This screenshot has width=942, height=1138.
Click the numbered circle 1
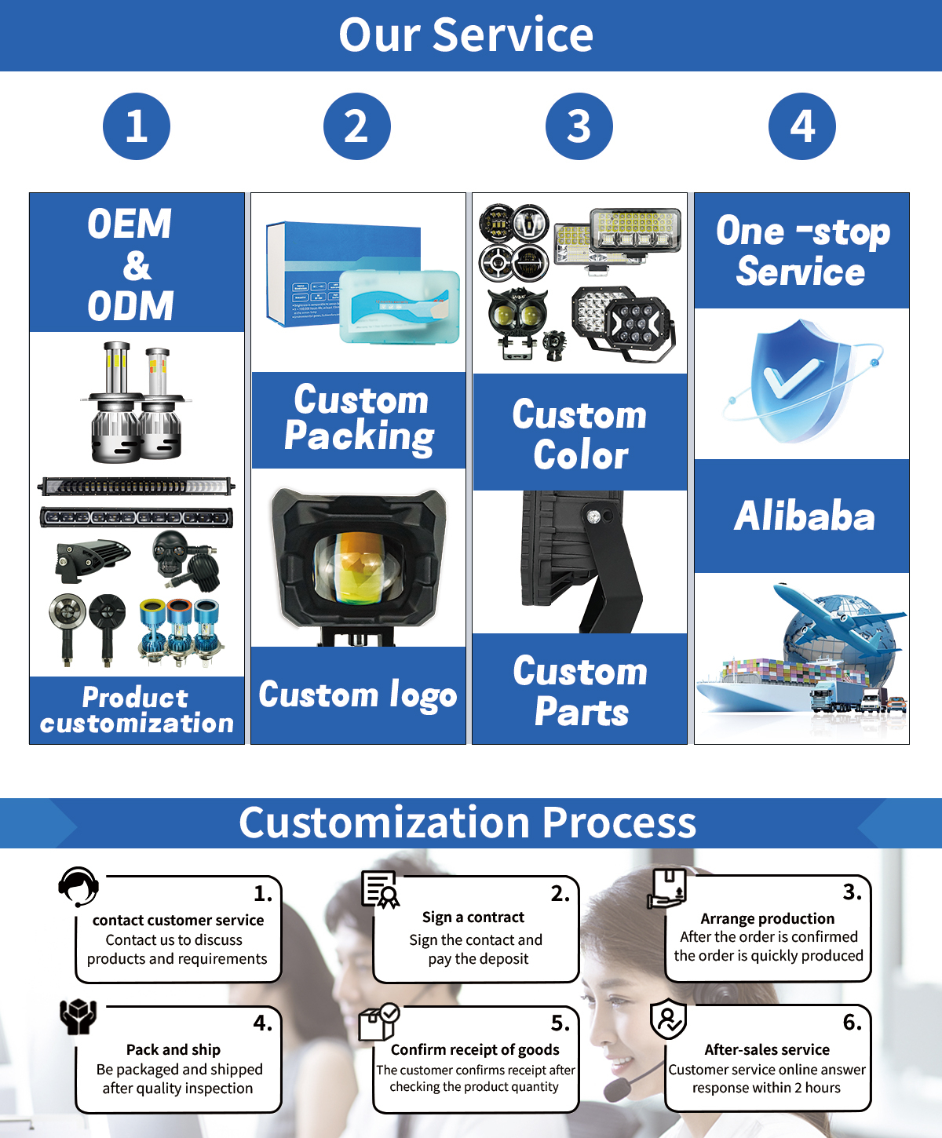pos(137,126)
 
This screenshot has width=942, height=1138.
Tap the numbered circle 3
pos(579,126)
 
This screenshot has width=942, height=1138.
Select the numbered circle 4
pos(801,126)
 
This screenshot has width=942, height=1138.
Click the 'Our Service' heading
pos(466,35)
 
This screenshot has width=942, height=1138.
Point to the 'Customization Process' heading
pos(468,822)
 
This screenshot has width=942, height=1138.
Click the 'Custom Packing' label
pos(359,418)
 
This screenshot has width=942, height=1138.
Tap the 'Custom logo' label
pos(358,695)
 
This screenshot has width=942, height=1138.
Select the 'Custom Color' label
pos(580,434)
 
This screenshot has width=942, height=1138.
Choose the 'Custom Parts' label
pos(580,691)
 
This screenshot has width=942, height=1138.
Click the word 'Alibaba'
pos(804,516)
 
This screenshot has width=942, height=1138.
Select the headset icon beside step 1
pos(78,887)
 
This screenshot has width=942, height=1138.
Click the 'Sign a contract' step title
pos(473,917)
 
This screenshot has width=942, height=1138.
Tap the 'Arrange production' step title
pos(767,918)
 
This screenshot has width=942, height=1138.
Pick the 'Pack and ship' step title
pos(173,1049)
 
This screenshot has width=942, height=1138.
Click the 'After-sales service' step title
pos(767,1049)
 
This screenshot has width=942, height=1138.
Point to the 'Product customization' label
pos(137,709)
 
